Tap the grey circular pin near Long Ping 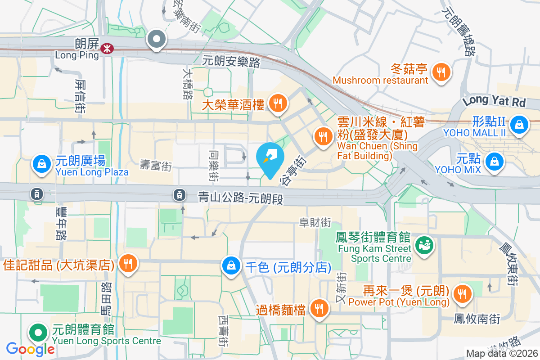157,39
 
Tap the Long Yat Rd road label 494,101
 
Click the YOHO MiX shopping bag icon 495,160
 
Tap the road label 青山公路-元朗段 241,198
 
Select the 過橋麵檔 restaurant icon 319,308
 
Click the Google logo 30,349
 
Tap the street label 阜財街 315,222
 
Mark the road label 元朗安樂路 231,62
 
